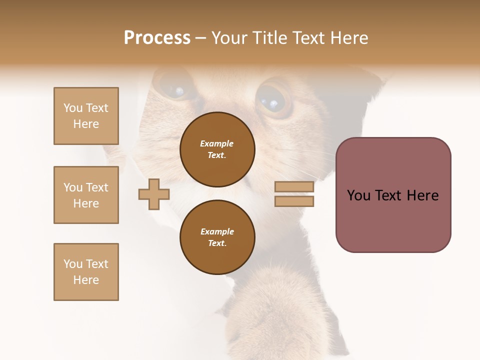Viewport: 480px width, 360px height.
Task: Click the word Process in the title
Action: (x=157, y=38)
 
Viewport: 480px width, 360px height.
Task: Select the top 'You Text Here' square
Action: (x=86, y=116)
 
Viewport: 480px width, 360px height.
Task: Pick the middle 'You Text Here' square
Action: (x=86, y=195)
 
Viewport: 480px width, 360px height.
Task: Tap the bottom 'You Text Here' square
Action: (x=86, y=272)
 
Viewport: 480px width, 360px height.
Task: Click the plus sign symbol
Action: (x=154, y=194)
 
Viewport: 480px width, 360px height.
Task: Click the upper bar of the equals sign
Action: (x=294, y=187)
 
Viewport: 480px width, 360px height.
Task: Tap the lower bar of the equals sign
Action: (x=294, y=201)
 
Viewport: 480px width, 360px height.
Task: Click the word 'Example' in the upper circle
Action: (x=217, y=144)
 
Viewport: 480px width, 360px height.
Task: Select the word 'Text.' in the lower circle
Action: (x=217, y=243)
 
